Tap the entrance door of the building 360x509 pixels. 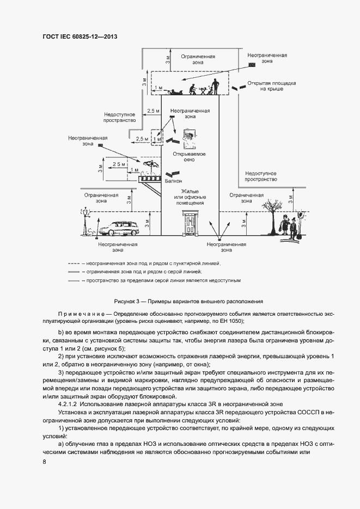190,223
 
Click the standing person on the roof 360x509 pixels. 215,85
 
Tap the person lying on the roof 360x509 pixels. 176,91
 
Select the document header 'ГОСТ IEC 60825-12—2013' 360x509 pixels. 80,36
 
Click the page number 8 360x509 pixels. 44,462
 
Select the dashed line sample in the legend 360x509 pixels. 74,263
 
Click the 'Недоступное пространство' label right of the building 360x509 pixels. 260,175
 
